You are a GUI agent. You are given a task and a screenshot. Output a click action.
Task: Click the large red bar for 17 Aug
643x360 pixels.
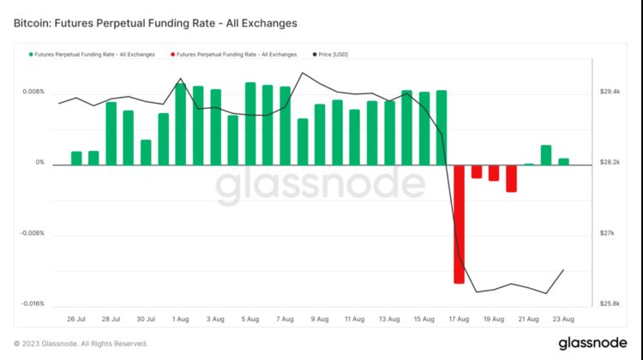pyautogui.click(x=459, y=224)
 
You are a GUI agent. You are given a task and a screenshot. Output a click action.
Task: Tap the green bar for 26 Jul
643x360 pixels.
pyautogui.click(x=76, y=158)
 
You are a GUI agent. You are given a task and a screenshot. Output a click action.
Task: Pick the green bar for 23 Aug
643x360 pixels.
pyautogui.click(x=563, y=161)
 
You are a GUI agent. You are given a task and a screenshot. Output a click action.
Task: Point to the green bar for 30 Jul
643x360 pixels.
pyautogui.click(x=146, y=152)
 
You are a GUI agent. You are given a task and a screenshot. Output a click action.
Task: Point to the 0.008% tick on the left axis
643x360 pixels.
pyautogui.click(x=33, y=92)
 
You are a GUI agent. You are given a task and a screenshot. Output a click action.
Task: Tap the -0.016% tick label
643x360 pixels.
pyautogui.click(x=31, y=304)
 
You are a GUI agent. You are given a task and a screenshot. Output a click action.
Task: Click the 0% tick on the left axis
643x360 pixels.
pyautogui.click(x=39, y=163)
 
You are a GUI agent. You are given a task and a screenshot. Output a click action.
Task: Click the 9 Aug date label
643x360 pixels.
pyautogui.click(x=318, y=319)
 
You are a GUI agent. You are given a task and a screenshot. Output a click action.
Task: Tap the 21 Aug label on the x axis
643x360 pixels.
pyautogui.click(x=528, y=319)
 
